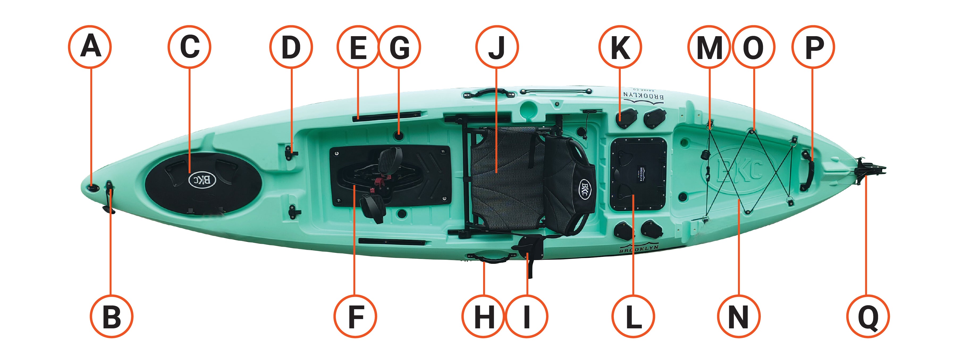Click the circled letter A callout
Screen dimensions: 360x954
point(90,47)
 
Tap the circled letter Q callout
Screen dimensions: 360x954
point(868,316)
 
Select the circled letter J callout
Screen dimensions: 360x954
point(497,47)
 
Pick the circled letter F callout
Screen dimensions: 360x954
point(355,316)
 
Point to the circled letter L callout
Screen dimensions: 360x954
point(633,316)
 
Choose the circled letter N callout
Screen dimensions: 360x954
point(739,316)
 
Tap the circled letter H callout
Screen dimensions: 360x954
point(484,316)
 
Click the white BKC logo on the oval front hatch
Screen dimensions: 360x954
point(202,180)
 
